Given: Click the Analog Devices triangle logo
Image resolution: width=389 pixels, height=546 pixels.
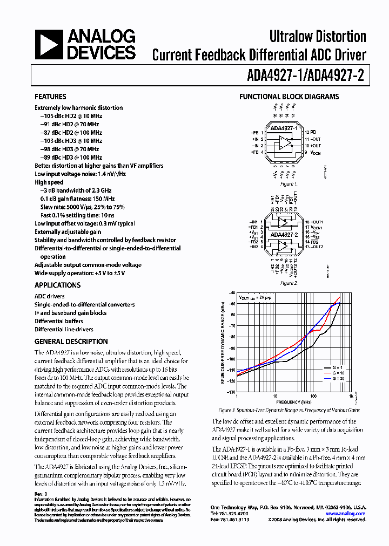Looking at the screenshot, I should tap(49, 45).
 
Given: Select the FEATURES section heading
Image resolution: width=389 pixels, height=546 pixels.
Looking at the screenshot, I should tap(51, 97).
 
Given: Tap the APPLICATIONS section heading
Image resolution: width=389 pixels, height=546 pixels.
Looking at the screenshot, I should tap(57, 285).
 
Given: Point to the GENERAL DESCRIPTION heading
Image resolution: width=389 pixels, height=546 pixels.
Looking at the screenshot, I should tap(71, 342).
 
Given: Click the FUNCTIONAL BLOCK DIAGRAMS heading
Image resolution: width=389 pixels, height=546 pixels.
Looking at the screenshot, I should tap(289, 97).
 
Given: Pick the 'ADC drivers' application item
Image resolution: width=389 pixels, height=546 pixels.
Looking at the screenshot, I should tap(50, 296).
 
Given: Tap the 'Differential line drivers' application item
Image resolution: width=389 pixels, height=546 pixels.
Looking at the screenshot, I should tap(64, 329).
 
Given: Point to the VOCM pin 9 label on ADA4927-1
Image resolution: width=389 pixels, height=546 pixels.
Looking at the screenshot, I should tap(313, 153).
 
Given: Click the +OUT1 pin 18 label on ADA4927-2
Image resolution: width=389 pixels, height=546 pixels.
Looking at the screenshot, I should tap(314, 222).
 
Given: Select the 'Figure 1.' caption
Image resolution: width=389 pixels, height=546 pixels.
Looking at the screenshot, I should tap(288, 184).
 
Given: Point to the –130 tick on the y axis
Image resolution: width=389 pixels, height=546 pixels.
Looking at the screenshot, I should tap(232, 392).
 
